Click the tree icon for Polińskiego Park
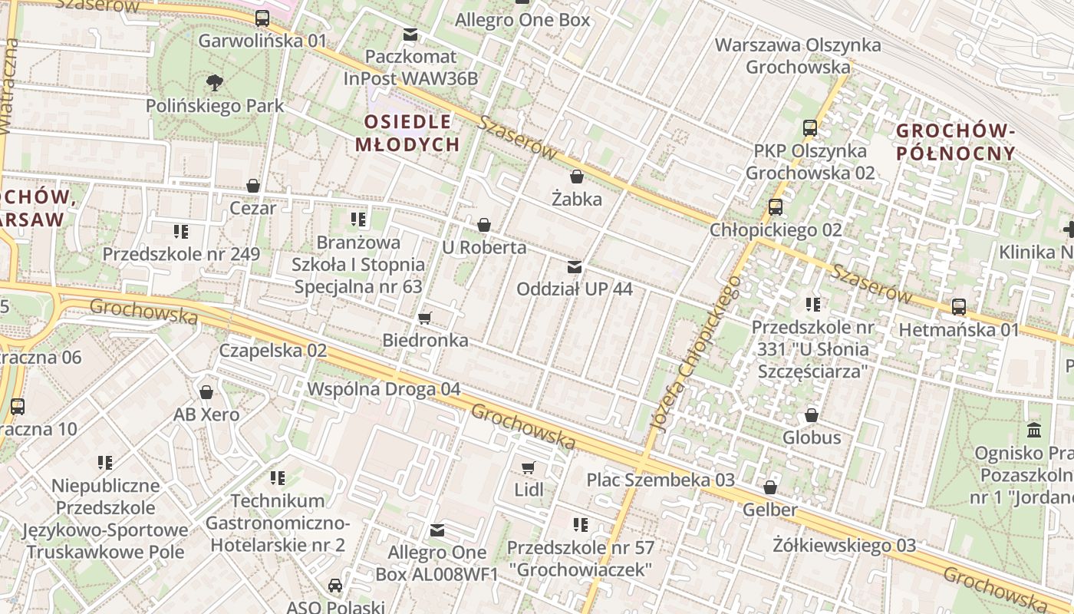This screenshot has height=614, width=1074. point(215,82)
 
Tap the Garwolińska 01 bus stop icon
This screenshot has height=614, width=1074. point(262,18)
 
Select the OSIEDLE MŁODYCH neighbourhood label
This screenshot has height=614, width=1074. point(407,133)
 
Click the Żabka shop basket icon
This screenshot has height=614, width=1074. point(577,177)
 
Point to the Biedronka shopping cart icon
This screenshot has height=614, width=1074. point(425,318)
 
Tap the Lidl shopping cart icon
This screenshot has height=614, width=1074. point(528,467)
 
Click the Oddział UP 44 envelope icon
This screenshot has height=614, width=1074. point(574,267)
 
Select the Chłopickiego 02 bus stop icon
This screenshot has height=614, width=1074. point(776,207)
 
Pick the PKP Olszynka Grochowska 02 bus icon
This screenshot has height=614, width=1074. point(810,128)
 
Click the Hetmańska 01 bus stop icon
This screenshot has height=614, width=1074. point(959,307)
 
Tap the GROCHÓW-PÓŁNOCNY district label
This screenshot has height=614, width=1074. point(956,142)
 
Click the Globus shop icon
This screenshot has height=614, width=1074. point(812,415)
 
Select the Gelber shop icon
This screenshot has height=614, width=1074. point(770,487)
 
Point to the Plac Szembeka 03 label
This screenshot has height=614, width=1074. point(661,480)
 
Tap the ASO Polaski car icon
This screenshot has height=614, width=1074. point(335,586)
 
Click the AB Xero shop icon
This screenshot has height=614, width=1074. point(206,392)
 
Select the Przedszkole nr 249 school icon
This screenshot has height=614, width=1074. point(181,231)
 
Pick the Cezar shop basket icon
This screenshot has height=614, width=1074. point(253,186)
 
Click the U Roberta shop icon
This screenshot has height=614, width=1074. point(484,225)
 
